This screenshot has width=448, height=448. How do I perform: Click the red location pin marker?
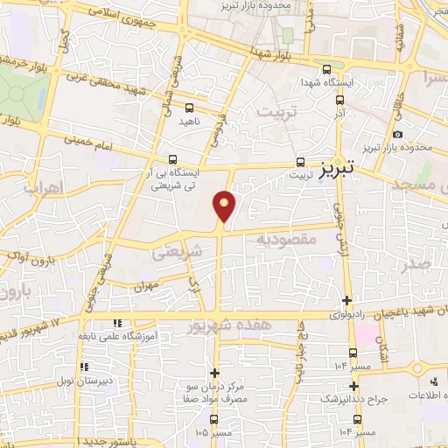click(x=225, y=207)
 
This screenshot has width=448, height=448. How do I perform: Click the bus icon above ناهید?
click(x=188, y=108)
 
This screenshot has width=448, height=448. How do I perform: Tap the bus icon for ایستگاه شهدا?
click(x=326, y=71)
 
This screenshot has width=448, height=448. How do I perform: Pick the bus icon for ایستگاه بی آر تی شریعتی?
click(x=173, y=160)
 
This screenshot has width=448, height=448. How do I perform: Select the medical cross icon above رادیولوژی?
click(x=348, y=297)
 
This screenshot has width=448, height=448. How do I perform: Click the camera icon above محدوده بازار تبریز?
click(x=398, y=134)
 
